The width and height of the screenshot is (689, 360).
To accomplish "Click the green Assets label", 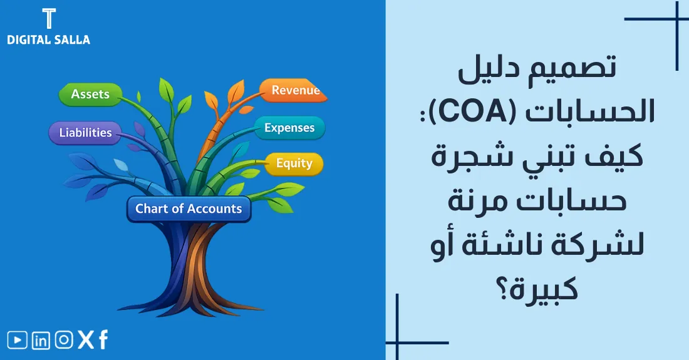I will pos(90,95).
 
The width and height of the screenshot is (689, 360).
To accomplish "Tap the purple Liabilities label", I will pos(85,133).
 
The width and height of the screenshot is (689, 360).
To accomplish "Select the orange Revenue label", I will pos(294,91).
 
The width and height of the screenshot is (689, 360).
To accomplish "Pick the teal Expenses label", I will pos(289,128).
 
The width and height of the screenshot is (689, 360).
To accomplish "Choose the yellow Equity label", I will pos(294,163).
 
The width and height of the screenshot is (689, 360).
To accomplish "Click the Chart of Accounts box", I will pos(189,209).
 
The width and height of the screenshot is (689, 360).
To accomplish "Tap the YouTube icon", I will pos(18,340).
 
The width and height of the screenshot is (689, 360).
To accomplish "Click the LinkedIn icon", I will pos(41,340).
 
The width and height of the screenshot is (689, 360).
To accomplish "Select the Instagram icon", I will pos(63,340).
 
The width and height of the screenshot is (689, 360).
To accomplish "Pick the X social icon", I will pos(85,340).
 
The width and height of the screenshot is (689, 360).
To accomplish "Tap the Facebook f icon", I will pos(103,340).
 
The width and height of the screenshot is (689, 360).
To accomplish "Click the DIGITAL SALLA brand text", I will pos(48,39).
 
